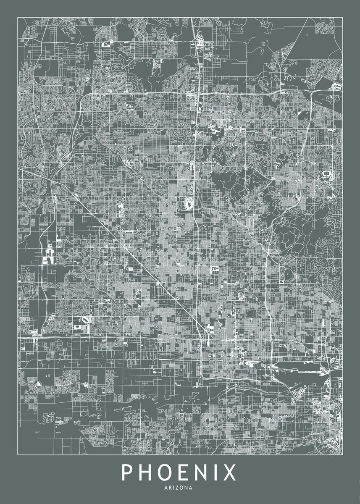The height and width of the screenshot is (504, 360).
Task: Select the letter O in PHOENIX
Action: click(165, 473)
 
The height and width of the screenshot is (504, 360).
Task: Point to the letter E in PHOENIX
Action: click(183, 473)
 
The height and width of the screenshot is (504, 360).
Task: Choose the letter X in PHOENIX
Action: click(229, 473)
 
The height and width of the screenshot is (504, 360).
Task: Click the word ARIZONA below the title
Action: click(180, 488)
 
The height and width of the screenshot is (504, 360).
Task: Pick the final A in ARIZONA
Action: click(191, 488)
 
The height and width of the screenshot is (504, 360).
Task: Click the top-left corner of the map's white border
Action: click(18, 17)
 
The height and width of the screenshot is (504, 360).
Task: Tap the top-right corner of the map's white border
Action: click(342, 17)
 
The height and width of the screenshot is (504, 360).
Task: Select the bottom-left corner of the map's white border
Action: click(18, 455)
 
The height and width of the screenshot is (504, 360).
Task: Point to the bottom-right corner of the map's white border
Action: click(342, 455)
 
